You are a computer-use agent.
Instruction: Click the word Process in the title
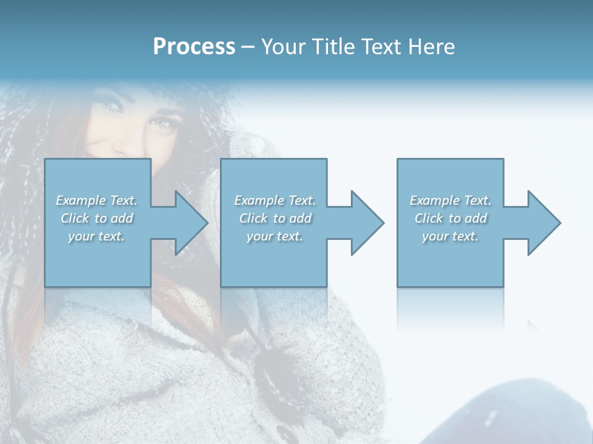pos(194,47)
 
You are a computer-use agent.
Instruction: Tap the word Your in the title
pos(281,47)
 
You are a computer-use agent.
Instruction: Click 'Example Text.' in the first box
pos(96,200)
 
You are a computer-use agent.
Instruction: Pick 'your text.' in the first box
pos(96,236)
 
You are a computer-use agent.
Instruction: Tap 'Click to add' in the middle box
pos(275,218)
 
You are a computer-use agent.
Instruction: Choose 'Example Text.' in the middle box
pos(275,200)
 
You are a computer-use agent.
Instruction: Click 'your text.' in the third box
pos(450,236)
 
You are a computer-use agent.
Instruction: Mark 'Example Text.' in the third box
pos(450,200)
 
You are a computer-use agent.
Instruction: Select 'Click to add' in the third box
pos(450,218)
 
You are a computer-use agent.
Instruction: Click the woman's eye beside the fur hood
pos(162,123)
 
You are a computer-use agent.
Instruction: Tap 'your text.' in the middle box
pos(275,236)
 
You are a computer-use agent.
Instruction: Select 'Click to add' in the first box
pos(96,218)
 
